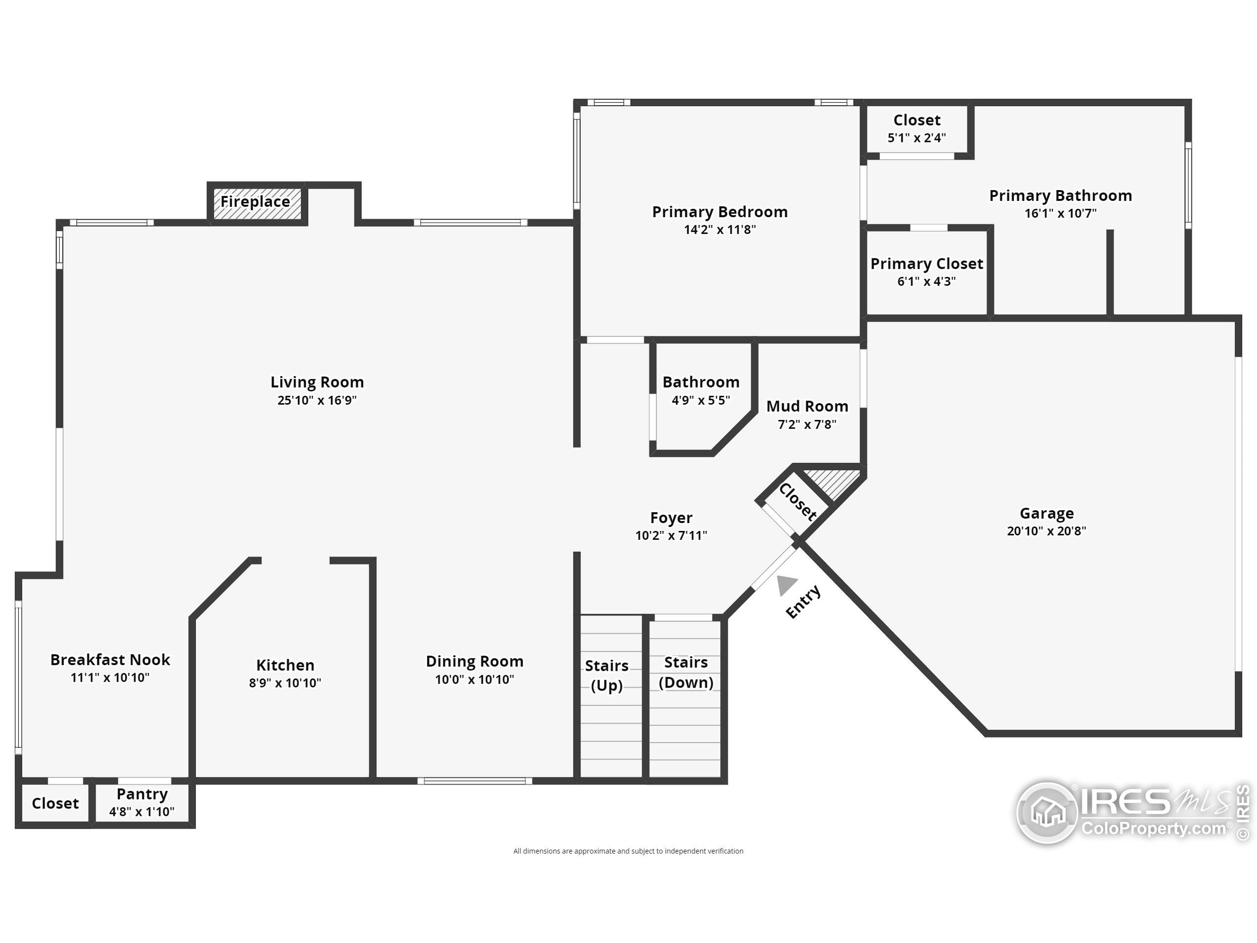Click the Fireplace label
point(255,202)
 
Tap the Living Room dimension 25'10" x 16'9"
point(317,400)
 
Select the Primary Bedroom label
point(719,212)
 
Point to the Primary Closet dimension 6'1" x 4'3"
point(926,281)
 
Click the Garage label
point(1046,513)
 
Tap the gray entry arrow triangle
point(786,584)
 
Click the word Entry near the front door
point(803,601)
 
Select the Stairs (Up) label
point(606,675)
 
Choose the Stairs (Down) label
point(686,672)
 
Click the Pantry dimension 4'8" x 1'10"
point(141,812)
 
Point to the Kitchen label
point(285,665)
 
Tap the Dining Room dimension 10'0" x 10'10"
point(474,679)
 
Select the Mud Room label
point(807,406)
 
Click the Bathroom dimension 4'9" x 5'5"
point(701,400)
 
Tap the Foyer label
point(671,518)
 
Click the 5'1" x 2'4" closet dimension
point(917,138)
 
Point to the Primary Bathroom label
point(1061,195)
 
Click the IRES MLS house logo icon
point(1047,812)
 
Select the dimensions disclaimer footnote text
point(628,851)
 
